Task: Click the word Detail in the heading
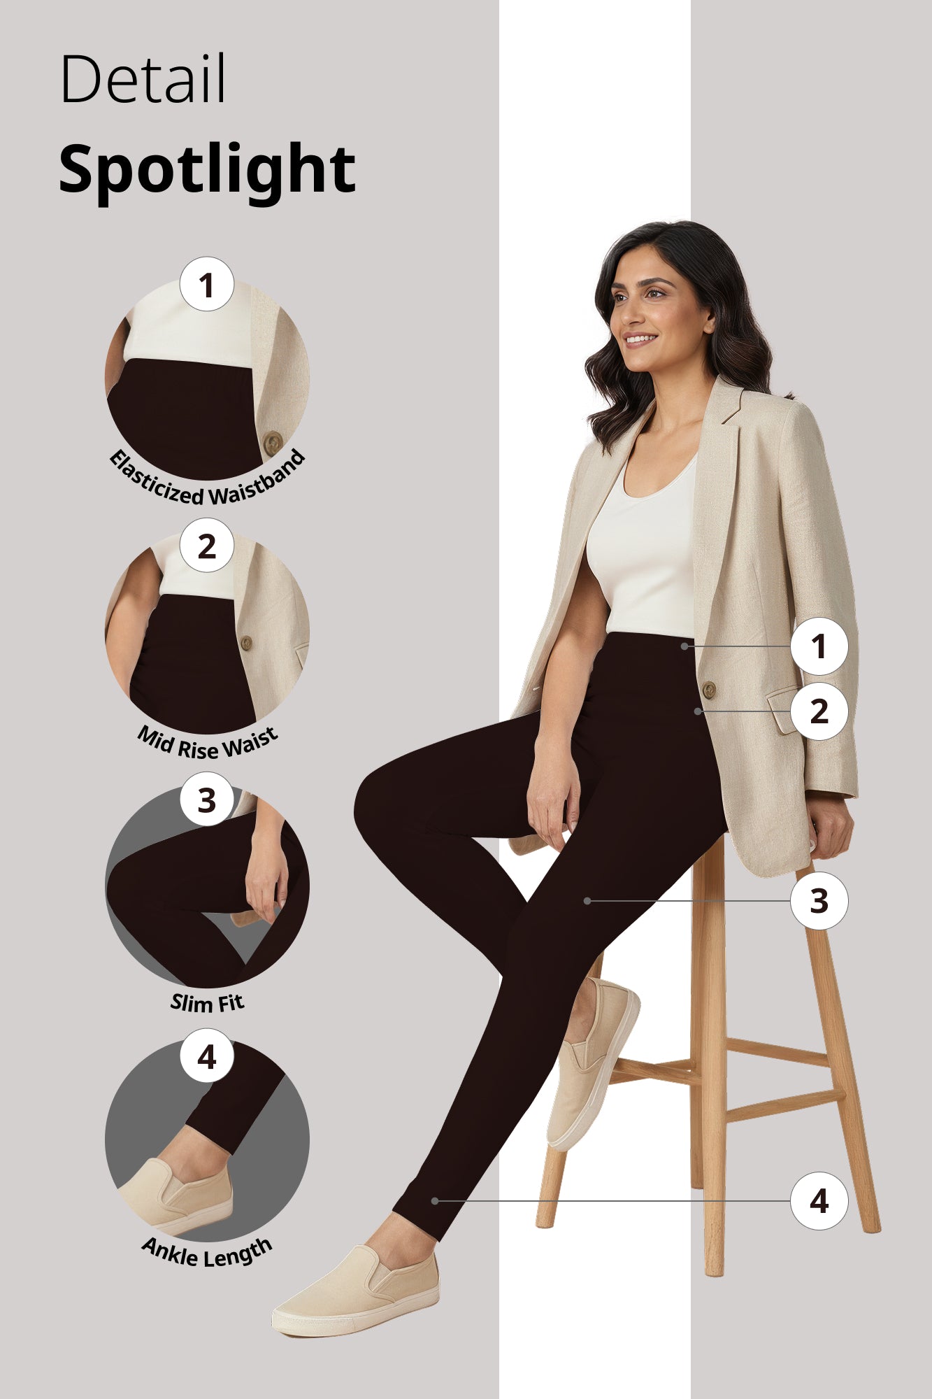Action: point(143,78)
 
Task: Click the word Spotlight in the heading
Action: point(207,170)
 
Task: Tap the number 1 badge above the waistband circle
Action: point(206,285)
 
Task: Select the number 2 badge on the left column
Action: point(206,546)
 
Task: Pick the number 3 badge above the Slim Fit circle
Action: point(206,800)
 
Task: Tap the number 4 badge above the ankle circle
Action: point(206,1056)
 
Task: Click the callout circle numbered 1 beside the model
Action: point(819,646)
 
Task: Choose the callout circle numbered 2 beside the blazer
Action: point(819,711)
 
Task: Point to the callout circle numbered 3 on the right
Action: point(819,900)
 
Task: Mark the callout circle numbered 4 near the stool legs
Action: point(819,1200)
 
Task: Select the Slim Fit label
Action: point(207,1003)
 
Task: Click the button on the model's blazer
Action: point(708,690)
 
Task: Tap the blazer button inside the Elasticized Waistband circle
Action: point(273,442)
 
